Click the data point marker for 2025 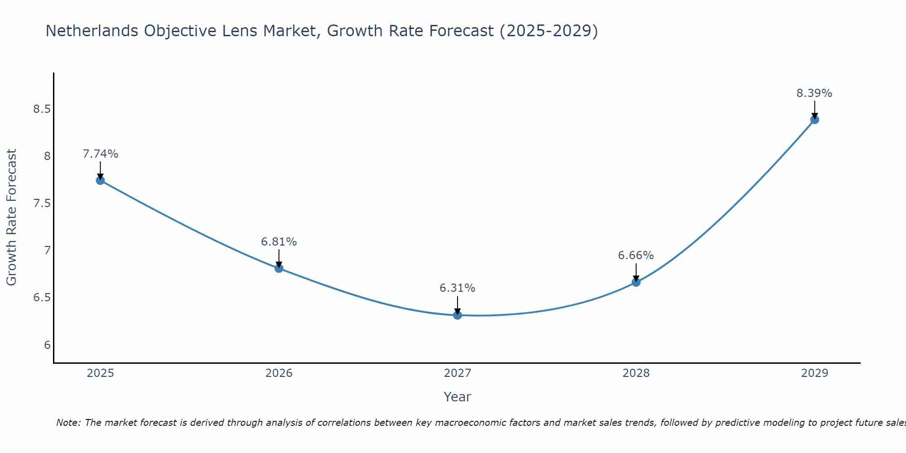(101, 180)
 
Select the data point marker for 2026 (279, 268)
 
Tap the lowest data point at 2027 (458, 315)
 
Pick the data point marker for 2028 (636, 282)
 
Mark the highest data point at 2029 (814, 120)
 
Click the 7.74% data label (101, 154)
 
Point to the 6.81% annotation (279, 242)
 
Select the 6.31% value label (458, 288)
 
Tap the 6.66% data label (636, 255)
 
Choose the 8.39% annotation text (814, 93)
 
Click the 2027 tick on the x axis (458, 373)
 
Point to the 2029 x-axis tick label (814, 373)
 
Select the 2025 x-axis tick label (101, 373)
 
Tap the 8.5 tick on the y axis (42, 109)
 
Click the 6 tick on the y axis (47, 345)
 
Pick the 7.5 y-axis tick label (42, 203)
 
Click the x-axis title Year (458, 397)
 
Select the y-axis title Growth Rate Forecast (12, 217)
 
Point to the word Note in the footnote (68, 423)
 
